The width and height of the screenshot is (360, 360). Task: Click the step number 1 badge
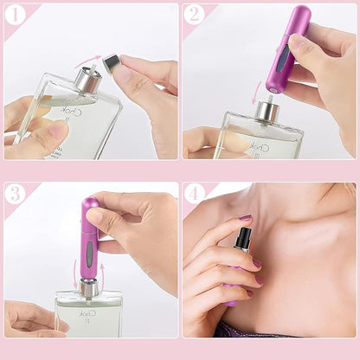coord(15,15)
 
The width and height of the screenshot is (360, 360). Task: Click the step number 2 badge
coord(195,15)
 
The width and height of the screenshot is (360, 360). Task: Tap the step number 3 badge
coord(15,194)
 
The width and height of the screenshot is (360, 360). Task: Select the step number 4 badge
coord(195,194)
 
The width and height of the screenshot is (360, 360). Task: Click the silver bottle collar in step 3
coord(89,288)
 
